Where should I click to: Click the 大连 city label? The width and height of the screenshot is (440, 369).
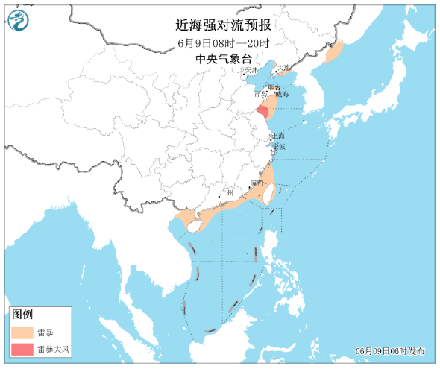coord(283,67)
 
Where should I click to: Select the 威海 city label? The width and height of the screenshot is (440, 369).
coord(281,95)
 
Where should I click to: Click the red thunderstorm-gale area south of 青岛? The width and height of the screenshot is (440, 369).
coord(262,110)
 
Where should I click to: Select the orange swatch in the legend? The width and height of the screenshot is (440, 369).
coord(23,332)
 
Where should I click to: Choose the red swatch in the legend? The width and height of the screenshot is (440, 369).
coord(23,349)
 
